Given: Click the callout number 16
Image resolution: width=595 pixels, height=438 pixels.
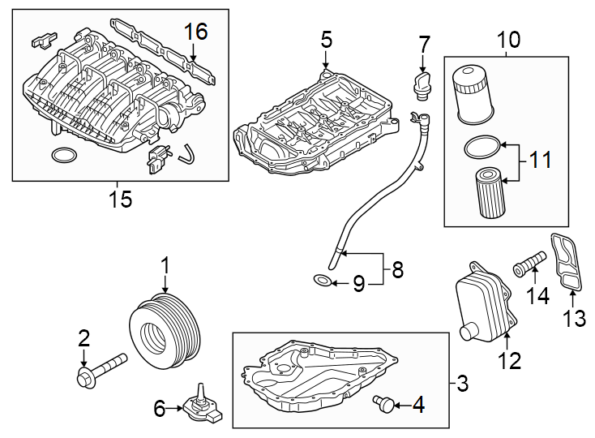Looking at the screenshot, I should tap(195, 32).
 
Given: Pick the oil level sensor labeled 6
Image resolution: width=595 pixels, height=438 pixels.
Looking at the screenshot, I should tap(199, 405).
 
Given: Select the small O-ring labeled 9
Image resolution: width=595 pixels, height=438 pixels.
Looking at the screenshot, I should tap(323, 282).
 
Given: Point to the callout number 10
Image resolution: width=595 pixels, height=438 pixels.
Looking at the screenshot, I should tap(509, 38).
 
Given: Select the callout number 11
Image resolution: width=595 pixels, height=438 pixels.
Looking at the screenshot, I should tap(541, 160).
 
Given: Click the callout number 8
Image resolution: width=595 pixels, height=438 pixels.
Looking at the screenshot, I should tap(396, 269).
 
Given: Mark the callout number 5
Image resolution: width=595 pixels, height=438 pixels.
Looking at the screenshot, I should tap(326, 38).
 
